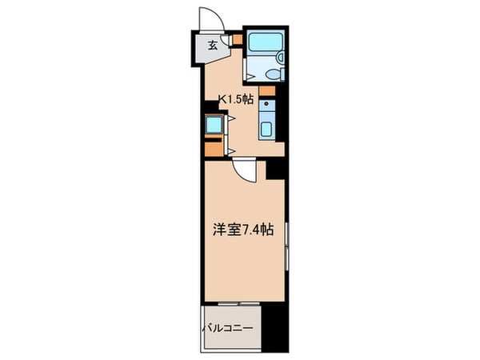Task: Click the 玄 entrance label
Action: click(213, 46)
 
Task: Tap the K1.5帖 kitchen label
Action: click(238, 101)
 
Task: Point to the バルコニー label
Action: click(226, 329)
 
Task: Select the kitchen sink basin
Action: click(266, 128)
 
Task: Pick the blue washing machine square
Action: click(214, 124)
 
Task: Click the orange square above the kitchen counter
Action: click(266, 90)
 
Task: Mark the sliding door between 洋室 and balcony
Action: click(233, 304)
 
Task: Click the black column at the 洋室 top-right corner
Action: click(275, 167)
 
